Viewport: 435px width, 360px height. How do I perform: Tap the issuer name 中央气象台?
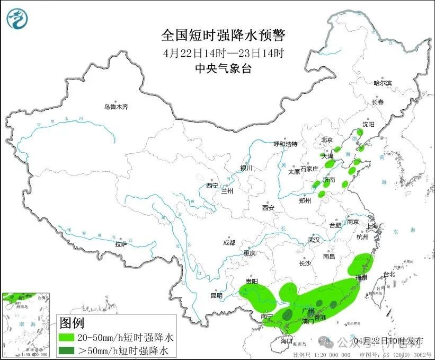(x=223, y=68)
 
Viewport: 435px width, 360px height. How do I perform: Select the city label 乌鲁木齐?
(x=116, y=107)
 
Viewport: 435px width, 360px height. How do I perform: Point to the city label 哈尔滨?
(x=382, y=83)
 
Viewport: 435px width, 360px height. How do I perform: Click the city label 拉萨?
(x=121, y=244)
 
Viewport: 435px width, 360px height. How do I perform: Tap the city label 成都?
(x=229, y=243)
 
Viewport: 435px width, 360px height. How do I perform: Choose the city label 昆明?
(x=217, y=295)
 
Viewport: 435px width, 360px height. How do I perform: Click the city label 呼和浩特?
(x=285, y=144)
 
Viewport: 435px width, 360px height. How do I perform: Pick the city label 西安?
(x=268, y=208)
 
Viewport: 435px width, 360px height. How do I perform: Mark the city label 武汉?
(x=314, y=240)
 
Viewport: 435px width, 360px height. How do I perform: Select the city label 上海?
(x=372, y=226)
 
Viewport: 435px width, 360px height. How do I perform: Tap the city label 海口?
(x=287, y=340)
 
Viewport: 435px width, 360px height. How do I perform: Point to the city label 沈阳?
(x=368, y=124)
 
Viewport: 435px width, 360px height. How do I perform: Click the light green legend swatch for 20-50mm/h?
(x=68, y=337)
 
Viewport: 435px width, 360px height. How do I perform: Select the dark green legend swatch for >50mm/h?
(x=68, y=350)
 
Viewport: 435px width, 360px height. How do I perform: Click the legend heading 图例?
(x=72, y=322)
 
